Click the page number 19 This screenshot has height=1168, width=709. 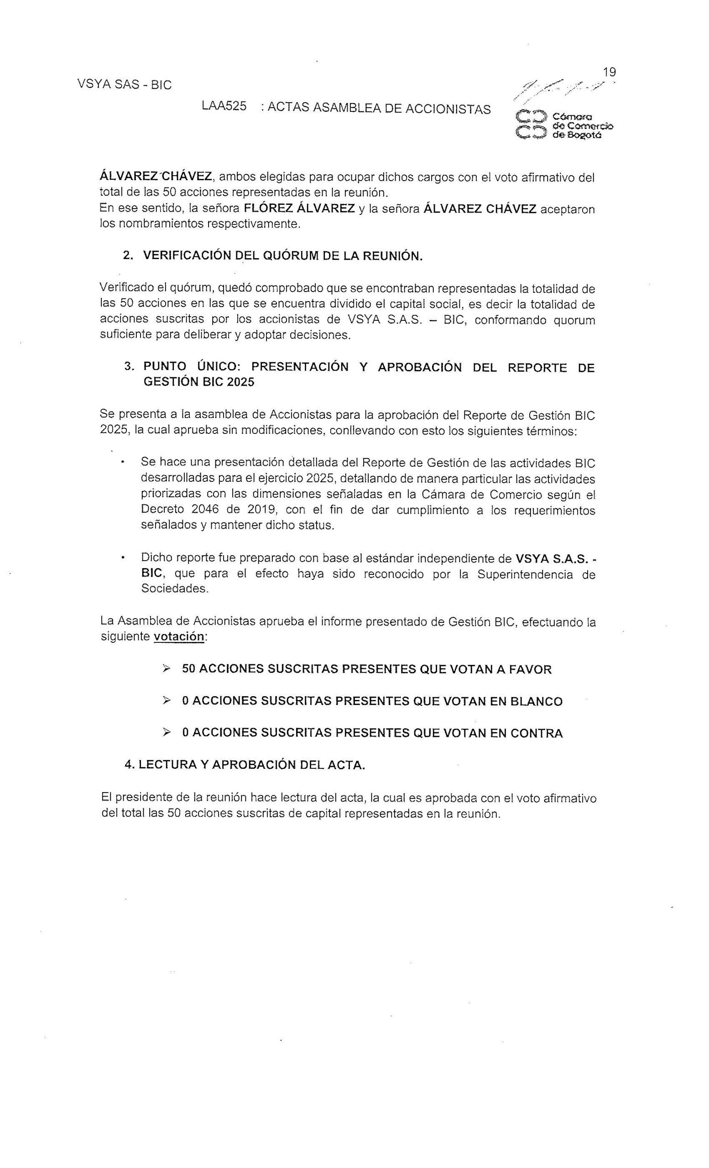(609, 72)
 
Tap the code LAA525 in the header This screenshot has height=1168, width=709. (224, 106)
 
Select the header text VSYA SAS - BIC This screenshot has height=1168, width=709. (124, 85)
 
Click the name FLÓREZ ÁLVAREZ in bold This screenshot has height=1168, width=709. (299, 209)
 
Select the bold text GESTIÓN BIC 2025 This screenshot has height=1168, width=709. (198, 382)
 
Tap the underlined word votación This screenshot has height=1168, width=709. (179, 636)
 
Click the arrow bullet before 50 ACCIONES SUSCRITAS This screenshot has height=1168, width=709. (166, 668)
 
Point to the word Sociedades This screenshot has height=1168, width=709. (174, 589)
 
